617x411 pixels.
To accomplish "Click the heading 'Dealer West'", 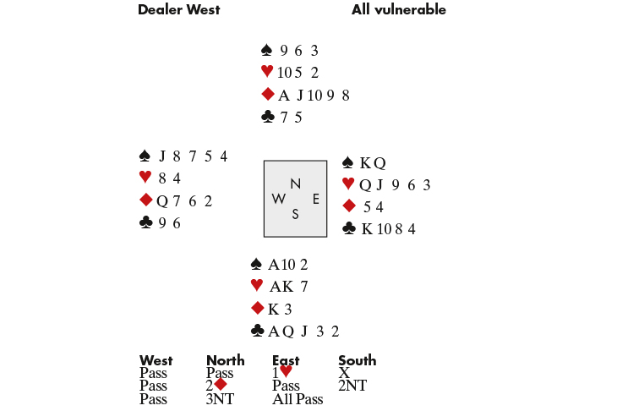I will pyautogui.click(x=178, y=10).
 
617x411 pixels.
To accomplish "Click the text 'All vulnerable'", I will pyautogui.click(x=398, y=10).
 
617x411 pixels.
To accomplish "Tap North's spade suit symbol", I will pyautogui.click(x=267, y=51).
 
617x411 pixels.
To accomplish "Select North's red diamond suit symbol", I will pyautogui.click(x=268, y=95).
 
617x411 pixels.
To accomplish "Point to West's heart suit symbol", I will pyautogui.click(x=145, y=178).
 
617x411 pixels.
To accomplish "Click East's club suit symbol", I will pyautogui.click(x=348, y=228).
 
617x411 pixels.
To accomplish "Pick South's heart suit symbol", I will pyautogui.click(x=257, y=286).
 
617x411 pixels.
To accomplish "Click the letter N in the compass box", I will pyautogui.click(x=295, y=184).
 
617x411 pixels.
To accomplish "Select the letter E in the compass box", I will pyautogui.click(x=315, y=199).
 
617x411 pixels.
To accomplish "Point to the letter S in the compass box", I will pyautogui.click(x=295, y=214).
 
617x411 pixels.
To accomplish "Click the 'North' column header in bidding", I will pyautogui.click(x=225, y=360).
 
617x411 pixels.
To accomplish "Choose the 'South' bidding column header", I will pyautogui.click(x=357, y=360).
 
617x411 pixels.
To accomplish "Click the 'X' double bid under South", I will pyautogui.click(x=343, y=372).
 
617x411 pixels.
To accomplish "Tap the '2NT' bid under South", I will pyautogui.click(x=352, y=386).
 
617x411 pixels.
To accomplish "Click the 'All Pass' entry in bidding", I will pyautogui.click(x=298, y=399).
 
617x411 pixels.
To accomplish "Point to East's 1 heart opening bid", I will pyautogui.click(x=282, y=372).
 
